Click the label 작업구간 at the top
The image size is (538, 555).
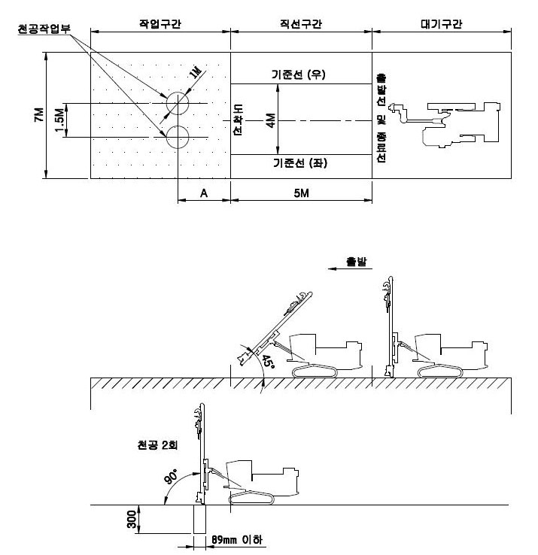pos(160,23)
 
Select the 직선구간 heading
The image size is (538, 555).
pos(300,23)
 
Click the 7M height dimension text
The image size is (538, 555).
pos(38,117)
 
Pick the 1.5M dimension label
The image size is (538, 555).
pos(59,120)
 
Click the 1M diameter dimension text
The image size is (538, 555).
pos(197,74)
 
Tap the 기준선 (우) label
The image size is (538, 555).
pos(299,74)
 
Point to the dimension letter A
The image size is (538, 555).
pos(203,193)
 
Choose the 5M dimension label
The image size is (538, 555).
pos(301,193)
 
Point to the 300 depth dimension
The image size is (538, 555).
pos(133,520)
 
